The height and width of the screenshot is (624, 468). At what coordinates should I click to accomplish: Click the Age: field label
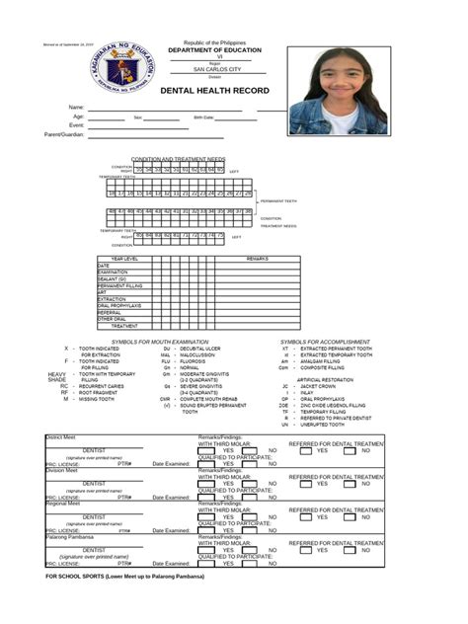pos(78,117)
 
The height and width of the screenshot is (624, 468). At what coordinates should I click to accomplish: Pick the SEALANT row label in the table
pos(112,278)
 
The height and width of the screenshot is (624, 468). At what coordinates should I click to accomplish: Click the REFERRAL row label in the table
pos(110,312)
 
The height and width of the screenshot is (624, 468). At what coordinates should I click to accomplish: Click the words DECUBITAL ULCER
pos(199,349)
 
